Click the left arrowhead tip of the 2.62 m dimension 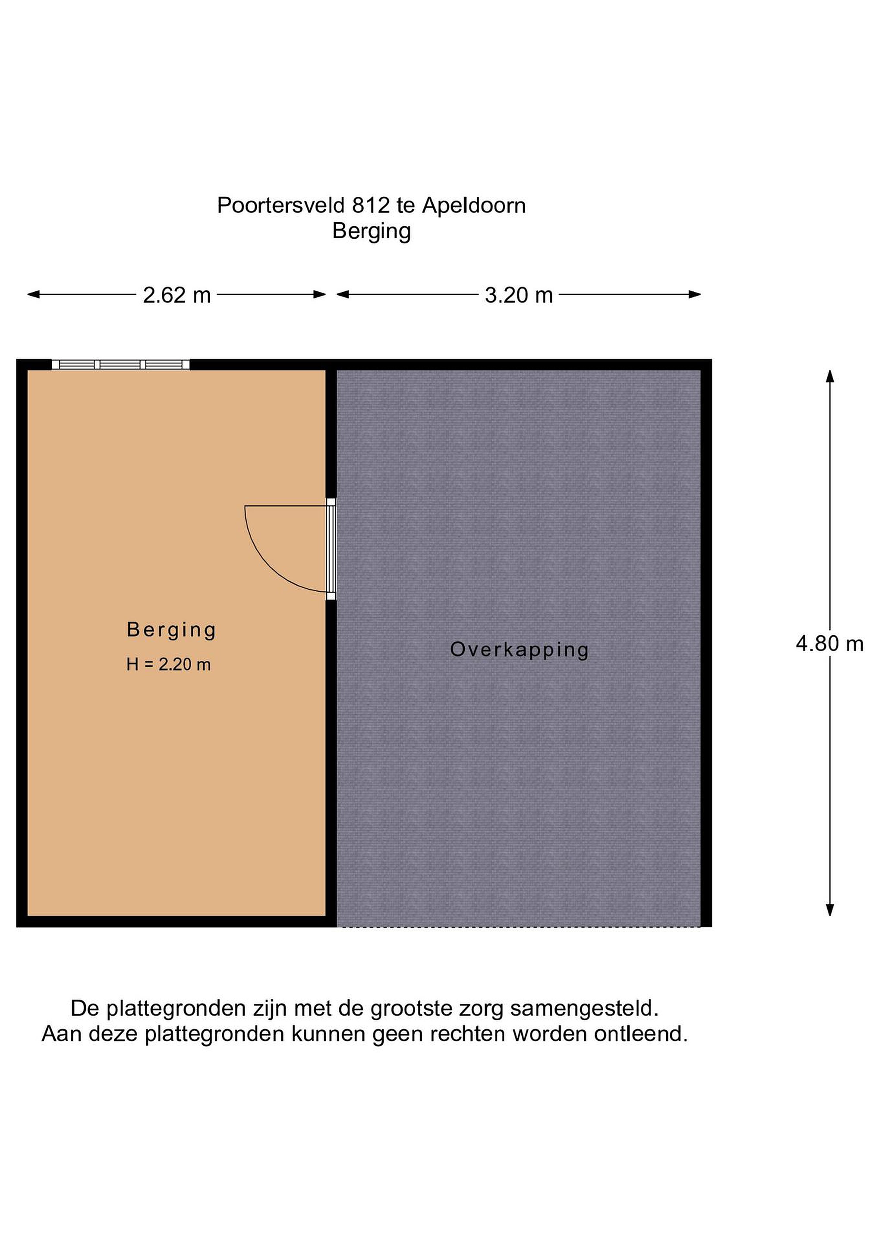point(28,294)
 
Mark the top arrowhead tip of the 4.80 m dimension point(829,370)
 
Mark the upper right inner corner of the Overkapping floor point(701,370)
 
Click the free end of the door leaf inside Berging point(245,506)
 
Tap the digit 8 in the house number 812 point(357,206)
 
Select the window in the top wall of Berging point(121,364)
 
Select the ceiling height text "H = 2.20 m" point(168,664)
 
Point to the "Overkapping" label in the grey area point(519,650)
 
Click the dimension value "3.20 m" point(519,296)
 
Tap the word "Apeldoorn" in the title point(474,206)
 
